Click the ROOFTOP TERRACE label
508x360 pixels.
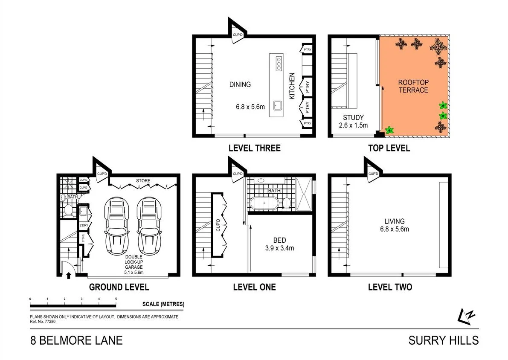click(413, 86)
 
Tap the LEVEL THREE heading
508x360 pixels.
click(254, 148)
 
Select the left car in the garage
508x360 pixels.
click(116, 226)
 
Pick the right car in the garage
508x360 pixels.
click(148, 226)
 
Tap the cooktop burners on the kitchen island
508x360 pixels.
click(279, 63)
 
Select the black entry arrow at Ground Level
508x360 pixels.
click(68, 275)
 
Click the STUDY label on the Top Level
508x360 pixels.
click(353, 118)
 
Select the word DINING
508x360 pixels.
click(240, 84)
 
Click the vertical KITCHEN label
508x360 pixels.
click(292, 86)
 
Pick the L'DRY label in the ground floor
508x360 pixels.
click(84, 224)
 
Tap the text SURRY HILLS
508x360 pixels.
click(443, 340)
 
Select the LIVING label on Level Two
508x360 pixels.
click(394, 221)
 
